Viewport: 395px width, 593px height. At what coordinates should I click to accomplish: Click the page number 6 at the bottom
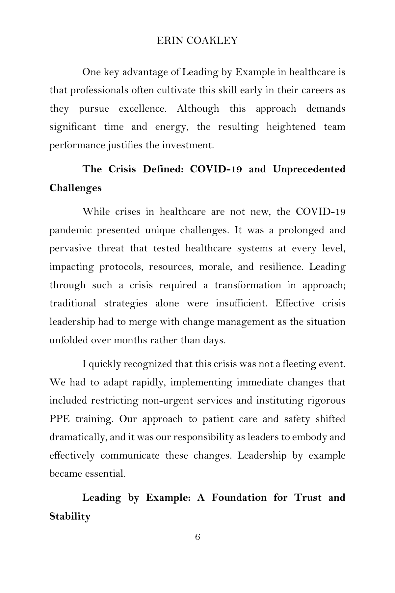(x=197, y=537)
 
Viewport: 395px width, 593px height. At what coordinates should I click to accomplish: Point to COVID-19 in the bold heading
(x=216, y=169)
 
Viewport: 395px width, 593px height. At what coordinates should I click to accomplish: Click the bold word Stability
(x=70, y=516)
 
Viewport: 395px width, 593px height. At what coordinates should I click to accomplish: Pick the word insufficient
(x=242, y=303)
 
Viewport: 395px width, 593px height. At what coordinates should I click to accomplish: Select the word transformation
(x=248, y=285)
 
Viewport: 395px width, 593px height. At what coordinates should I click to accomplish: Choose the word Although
(x=198, y=108)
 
